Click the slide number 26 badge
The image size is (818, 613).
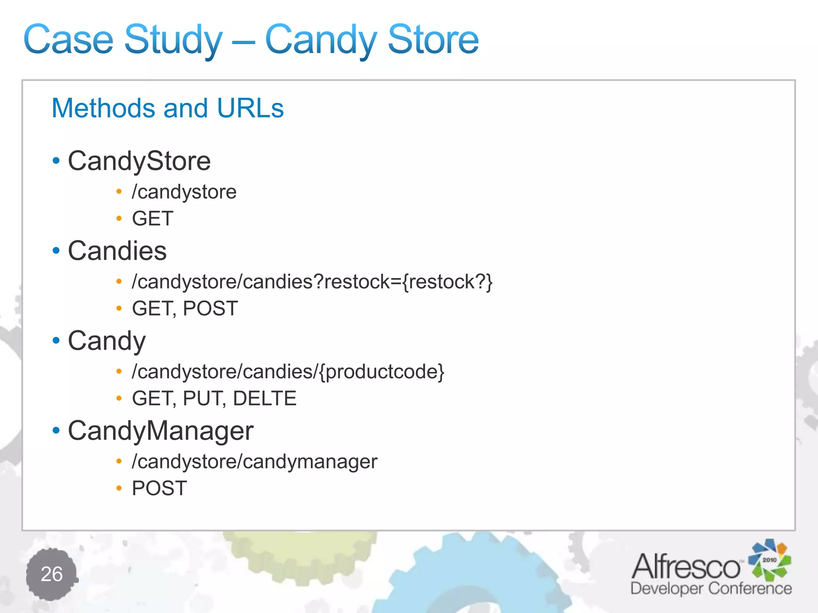point(52,574)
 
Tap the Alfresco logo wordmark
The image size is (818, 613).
point(686,566)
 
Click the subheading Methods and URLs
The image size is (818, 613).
point(168,108)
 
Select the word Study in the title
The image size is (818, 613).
point(173,40)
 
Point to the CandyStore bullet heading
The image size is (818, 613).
point(139,161)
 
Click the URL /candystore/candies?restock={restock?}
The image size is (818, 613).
point(312,282)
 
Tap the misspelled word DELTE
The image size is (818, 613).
point(264,398)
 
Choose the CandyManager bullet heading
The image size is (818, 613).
point(161,431)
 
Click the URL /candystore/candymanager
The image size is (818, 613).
point(254,462)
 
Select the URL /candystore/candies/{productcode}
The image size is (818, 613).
point(288,372)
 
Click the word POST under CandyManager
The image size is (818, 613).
point(159,488)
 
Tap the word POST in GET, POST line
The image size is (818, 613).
point(210,308)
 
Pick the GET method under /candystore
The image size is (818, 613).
point(153,219)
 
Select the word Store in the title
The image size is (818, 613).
point(433,40)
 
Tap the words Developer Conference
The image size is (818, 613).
point(711,588)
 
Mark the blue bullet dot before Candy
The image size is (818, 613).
point(56,340)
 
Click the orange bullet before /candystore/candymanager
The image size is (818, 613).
point(119,462)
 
